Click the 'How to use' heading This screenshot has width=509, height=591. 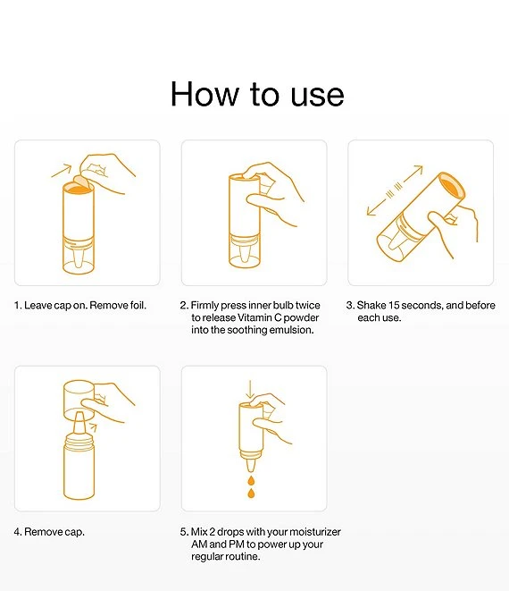coord(257,94)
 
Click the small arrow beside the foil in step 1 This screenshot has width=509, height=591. coord(62,171)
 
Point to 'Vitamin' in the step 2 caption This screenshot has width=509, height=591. coord(254,317)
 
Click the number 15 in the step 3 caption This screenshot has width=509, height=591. coord(394,305)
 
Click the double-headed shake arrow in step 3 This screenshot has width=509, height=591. coord(395,190)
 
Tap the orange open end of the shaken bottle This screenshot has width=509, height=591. coord(453,186)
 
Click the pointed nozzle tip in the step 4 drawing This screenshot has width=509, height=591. coord(79,415)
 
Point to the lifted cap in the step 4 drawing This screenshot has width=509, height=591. coord(79,399)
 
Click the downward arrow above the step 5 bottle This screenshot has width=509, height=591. coord(250,390)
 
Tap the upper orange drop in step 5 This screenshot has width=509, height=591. coord(251,480)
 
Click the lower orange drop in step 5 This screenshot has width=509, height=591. coord(251,493)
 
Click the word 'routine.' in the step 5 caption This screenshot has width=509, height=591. coord(240,556)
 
